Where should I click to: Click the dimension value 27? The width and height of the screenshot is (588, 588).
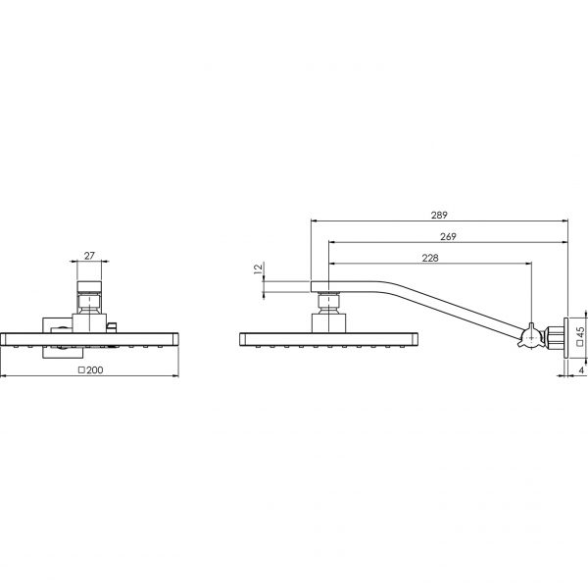click(x=89, y=257)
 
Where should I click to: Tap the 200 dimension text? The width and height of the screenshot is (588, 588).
click(x=95, y=369)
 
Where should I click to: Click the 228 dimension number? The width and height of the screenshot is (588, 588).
click(x=429, y=258)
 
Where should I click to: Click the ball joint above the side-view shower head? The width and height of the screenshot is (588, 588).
click(x=328, y=320)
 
